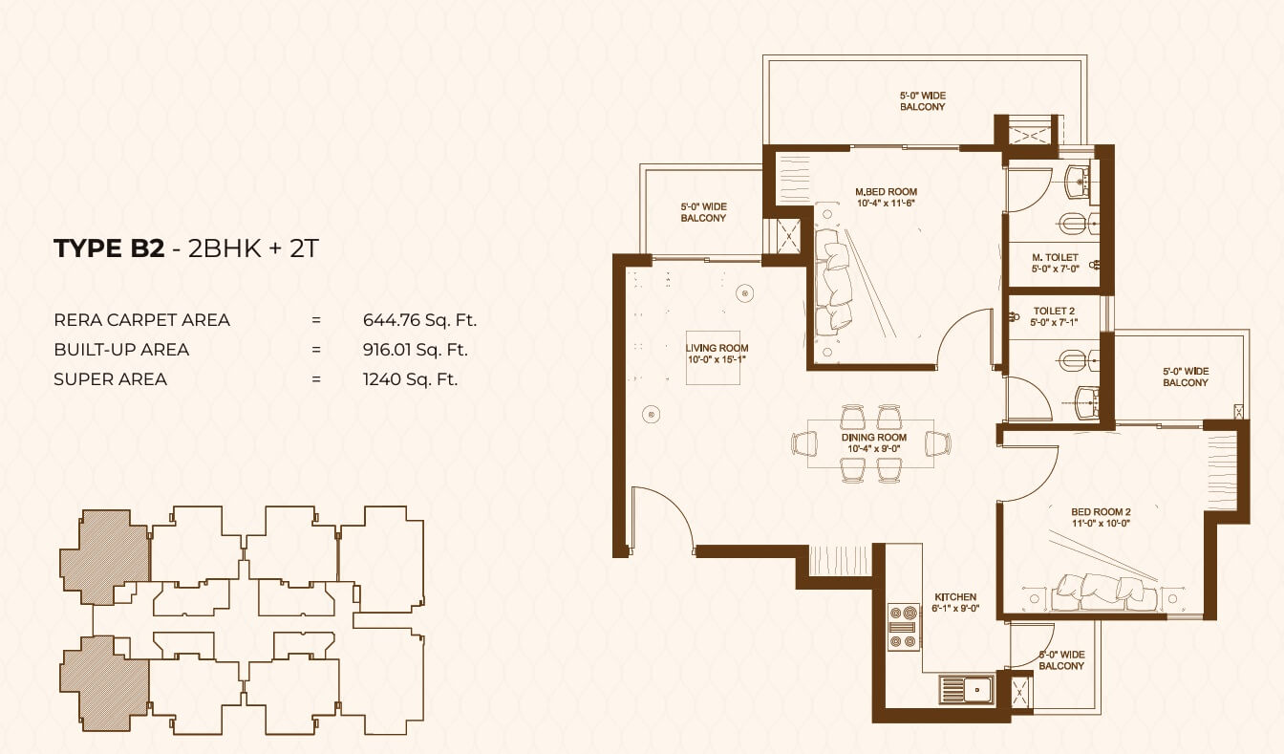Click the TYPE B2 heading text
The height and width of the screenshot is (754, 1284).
(109, 248)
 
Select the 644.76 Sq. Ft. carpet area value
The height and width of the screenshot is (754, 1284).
(419, 320)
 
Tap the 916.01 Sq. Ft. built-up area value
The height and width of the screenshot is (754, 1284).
(415, 350)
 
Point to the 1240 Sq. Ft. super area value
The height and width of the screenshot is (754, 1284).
(410, 379)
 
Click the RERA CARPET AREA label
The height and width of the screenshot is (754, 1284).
(141, 320)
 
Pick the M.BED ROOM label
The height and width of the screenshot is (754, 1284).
(886, 192)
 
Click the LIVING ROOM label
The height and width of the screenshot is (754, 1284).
(717, 348)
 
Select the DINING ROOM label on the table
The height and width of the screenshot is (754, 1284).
(874, 438)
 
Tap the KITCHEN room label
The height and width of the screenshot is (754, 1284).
(955, 597)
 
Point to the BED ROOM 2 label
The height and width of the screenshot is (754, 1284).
(1102, 512)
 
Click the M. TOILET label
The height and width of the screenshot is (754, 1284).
(1055, 257)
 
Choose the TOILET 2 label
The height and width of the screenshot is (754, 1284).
(1054, 312)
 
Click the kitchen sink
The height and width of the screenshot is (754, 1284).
(967, 689)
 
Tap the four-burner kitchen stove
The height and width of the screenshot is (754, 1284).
(904, 627)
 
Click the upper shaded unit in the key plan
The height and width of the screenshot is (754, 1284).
(105, 557)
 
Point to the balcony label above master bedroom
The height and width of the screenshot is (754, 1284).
(922, 101)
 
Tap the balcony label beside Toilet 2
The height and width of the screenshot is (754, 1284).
(1186, 377)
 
